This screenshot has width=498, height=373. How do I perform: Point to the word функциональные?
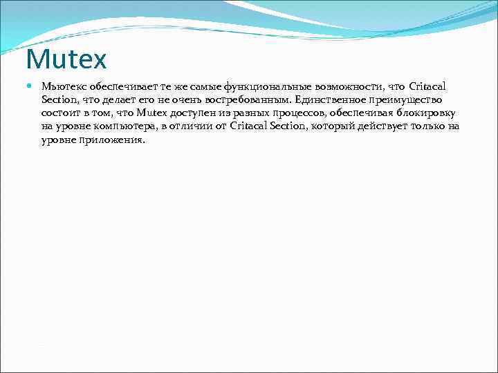[x=261, y=86]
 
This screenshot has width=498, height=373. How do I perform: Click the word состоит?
[x=59, y=113]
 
